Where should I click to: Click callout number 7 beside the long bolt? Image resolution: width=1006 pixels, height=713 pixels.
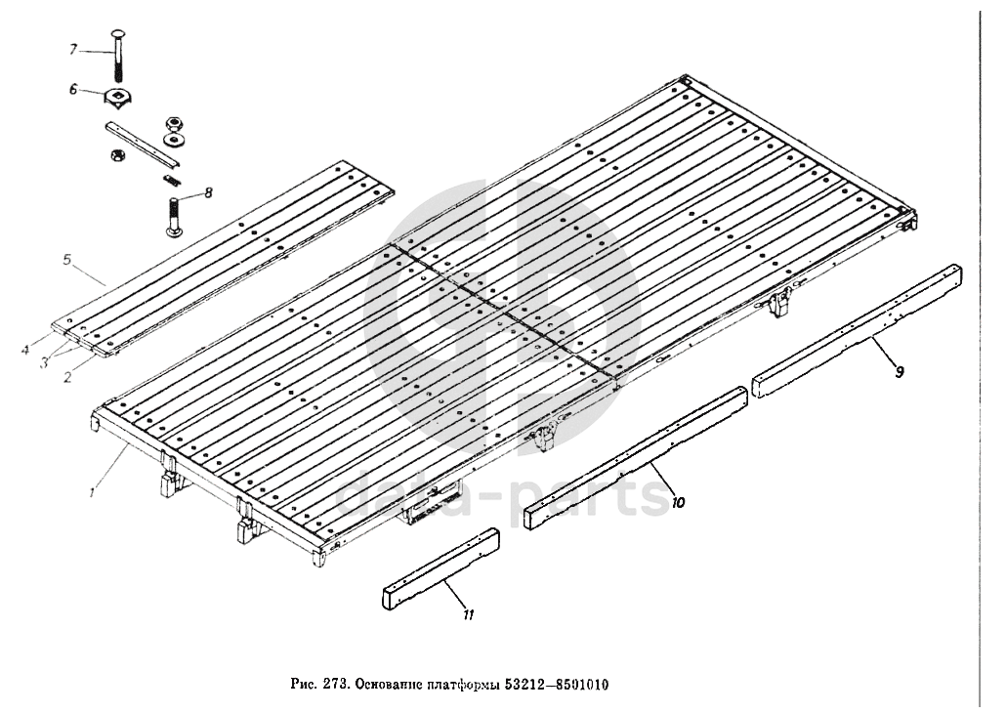[x=71, y=49]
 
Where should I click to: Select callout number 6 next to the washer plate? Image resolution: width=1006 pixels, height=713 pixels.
[x=71, y=89]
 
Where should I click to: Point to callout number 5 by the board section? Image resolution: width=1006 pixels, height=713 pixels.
[x=67, y=261]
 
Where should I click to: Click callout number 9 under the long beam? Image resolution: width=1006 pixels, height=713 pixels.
[x=900, y=371]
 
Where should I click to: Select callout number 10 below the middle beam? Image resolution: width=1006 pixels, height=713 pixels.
[x=679, y=503]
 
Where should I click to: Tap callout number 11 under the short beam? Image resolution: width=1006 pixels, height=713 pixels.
[x=469, y=615]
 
